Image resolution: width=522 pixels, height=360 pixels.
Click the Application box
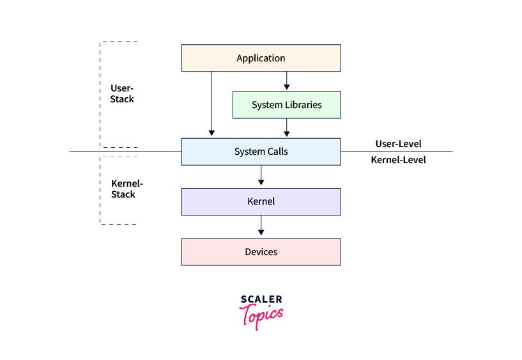(261, 58)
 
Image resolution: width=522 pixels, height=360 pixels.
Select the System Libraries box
(286, 105)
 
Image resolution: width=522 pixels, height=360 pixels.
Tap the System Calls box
(261, 152)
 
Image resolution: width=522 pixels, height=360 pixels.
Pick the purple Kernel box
(261, 201)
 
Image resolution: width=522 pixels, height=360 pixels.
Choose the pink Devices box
(261, 252)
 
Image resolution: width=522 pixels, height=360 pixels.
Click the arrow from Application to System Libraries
(286, 81)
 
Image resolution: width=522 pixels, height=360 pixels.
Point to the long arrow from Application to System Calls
(211, 102)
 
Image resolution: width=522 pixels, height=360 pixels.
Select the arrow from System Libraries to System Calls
(286, 128)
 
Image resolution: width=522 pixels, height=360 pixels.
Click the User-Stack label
(122, 93)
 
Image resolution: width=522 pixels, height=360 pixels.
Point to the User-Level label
(398, 144)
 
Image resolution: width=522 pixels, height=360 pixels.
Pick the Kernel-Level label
(398, 160)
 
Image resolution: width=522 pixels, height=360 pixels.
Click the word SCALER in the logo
(261, 299)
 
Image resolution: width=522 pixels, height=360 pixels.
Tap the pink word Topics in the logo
(261, 315)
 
